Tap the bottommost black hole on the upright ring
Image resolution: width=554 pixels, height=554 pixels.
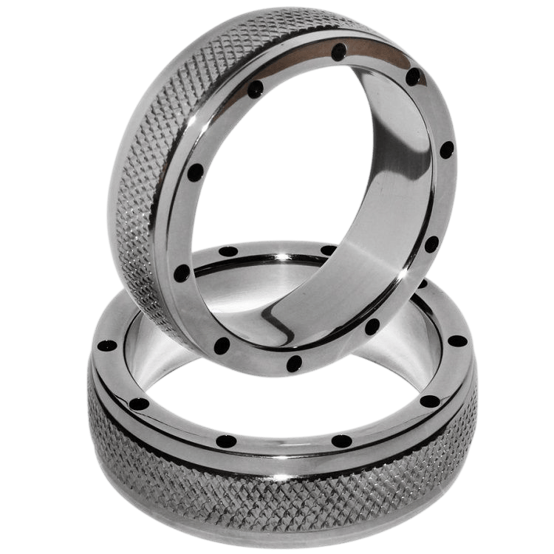coord(295,361)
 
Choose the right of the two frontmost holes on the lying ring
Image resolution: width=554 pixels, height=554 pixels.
coord(342,441)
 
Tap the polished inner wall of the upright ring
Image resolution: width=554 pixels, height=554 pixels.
coord(384,185)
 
